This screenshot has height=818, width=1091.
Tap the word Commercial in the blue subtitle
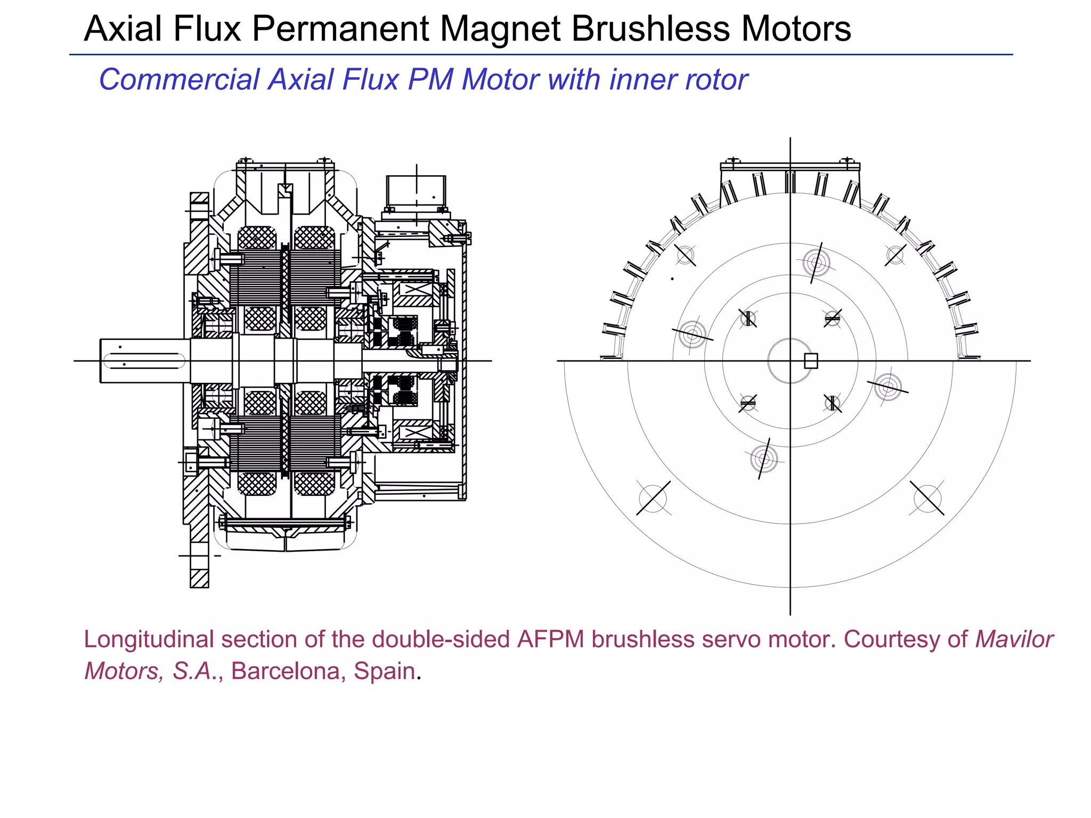(x=180, y=80)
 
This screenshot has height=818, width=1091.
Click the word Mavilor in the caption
(x=1014, y=639)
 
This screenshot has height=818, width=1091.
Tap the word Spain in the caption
(x=384, y=671)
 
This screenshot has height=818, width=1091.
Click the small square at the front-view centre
(x=811, y=361)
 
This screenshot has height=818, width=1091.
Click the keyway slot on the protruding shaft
(x=144, y=361)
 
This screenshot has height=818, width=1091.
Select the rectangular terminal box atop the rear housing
(x=416, y=192)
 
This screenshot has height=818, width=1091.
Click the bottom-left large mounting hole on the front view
(x=653, y=498)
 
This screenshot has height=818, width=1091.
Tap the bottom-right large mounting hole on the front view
(x=927, y=498)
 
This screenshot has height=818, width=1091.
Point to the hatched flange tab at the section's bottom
(x=199, y=578)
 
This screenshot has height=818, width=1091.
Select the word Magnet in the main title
(x=500, y=29)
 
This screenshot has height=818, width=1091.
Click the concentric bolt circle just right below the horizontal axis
(x=888, y=387)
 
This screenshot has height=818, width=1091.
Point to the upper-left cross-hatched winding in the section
(x=257, y=238)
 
